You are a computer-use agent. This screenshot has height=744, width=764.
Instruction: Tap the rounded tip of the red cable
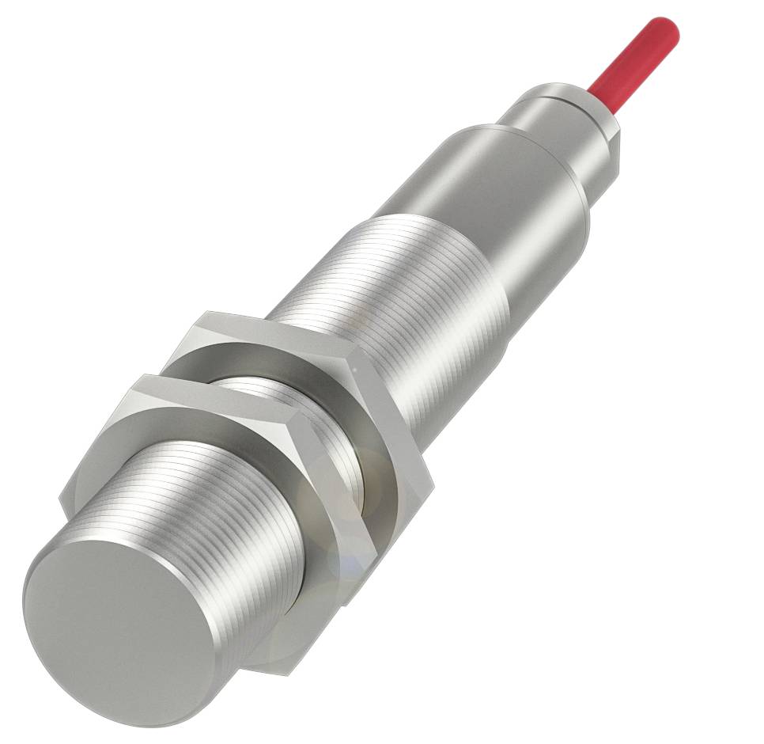click(x=668, y=28)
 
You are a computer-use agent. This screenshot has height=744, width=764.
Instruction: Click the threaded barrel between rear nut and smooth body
click(x=411, y=285)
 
